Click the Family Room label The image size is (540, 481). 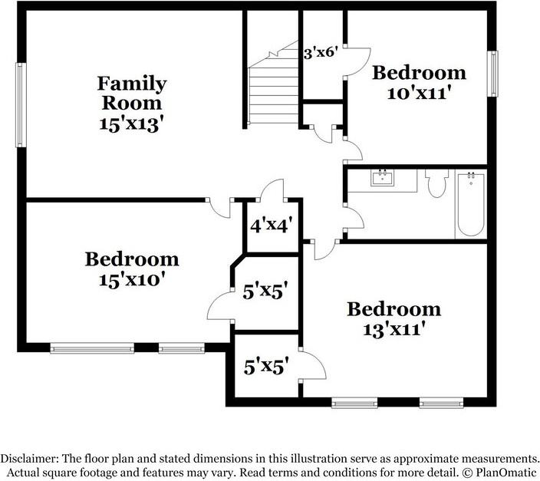(x=132, y=93)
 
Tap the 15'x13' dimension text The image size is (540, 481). (x=130, y=124)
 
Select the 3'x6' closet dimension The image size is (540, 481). (x=320, y=53)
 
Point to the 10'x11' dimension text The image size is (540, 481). (x=419, y=93)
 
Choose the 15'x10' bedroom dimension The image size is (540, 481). (x=130, y=280)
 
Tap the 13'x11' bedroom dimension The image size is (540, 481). (x=393, y=330)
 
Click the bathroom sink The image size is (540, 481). (x=382, y=178)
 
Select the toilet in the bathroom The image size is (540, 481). (x=436, y=183)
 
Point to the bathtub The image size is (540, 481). (x=471, y=205)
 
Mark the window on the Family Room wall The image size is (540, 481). (x=21, y=105)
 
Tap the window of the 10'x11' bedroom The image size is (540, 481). (x=492, y=74)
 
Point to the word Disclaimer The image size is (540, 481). (x=29, y=459)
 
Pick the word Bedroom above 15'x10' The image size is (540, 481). (x=132, y=259)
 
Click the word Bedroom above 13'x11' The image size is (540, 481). (x=393, y=309)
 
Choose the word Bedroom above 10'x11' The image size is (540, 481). (x=419, y=73)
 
